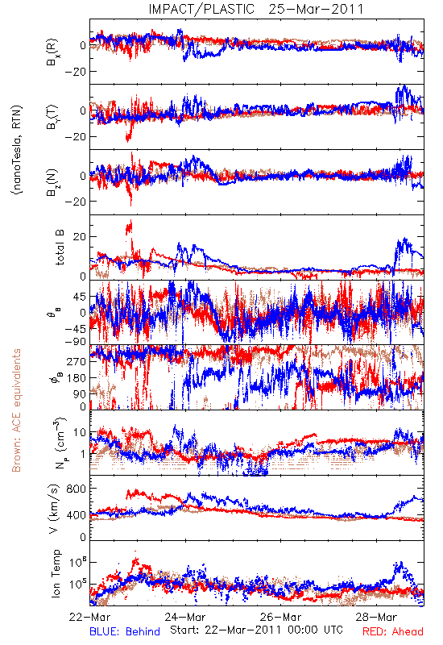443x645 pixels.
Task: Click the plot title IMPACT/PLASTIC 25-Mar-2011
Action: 256,9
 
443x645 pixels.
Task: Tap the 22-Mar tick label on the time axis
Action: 89,617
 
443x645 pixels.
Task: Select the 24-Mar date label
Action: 185,617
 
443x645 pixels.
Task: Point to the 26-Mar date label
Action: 280,617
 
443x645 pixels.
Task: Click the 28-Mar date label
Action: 376,617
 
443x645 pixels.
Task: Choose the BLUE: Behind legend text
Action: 125,631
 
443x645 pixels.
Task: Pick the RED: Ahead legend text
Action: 392,631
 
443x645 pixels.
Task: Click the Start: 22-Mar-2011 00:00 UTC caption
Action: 256,630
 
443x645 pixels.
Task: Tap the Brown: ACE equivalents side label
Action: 16,410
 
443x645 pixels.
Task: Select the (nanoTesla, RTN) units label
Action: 17,150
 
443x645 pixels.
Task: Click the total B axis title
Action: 60,248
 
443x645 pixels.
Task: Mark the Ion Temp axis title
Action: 56,573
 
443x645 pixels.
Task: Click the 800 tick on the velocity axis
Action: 76,489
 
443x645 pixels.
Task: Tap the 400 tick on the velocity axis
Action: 76,515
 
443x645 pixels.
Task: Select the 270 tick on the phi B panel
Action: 77,361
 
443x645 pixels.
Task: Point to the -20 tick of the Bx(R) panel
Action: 75,72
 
